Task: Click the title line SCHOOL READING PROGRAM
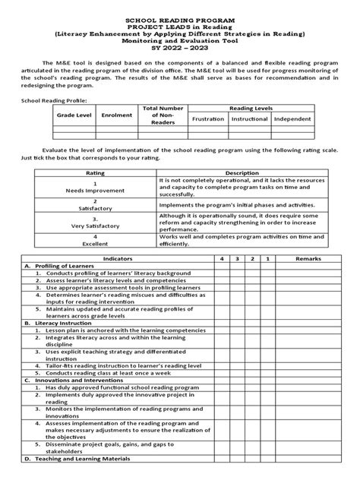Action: point(180,15)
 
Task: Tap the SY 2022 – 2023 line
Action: point(180,49)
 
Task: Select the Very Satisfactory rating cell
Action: point(96,226)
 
